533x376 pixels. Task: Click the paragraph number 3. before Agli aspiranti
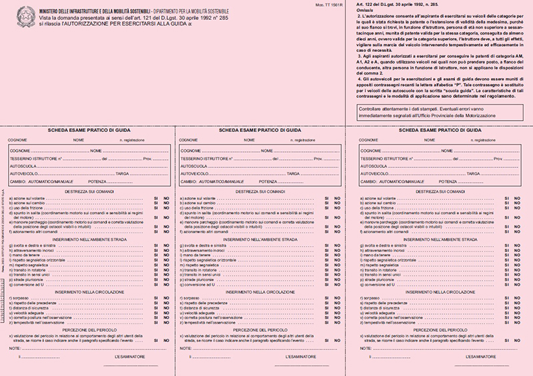point(358,57)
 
